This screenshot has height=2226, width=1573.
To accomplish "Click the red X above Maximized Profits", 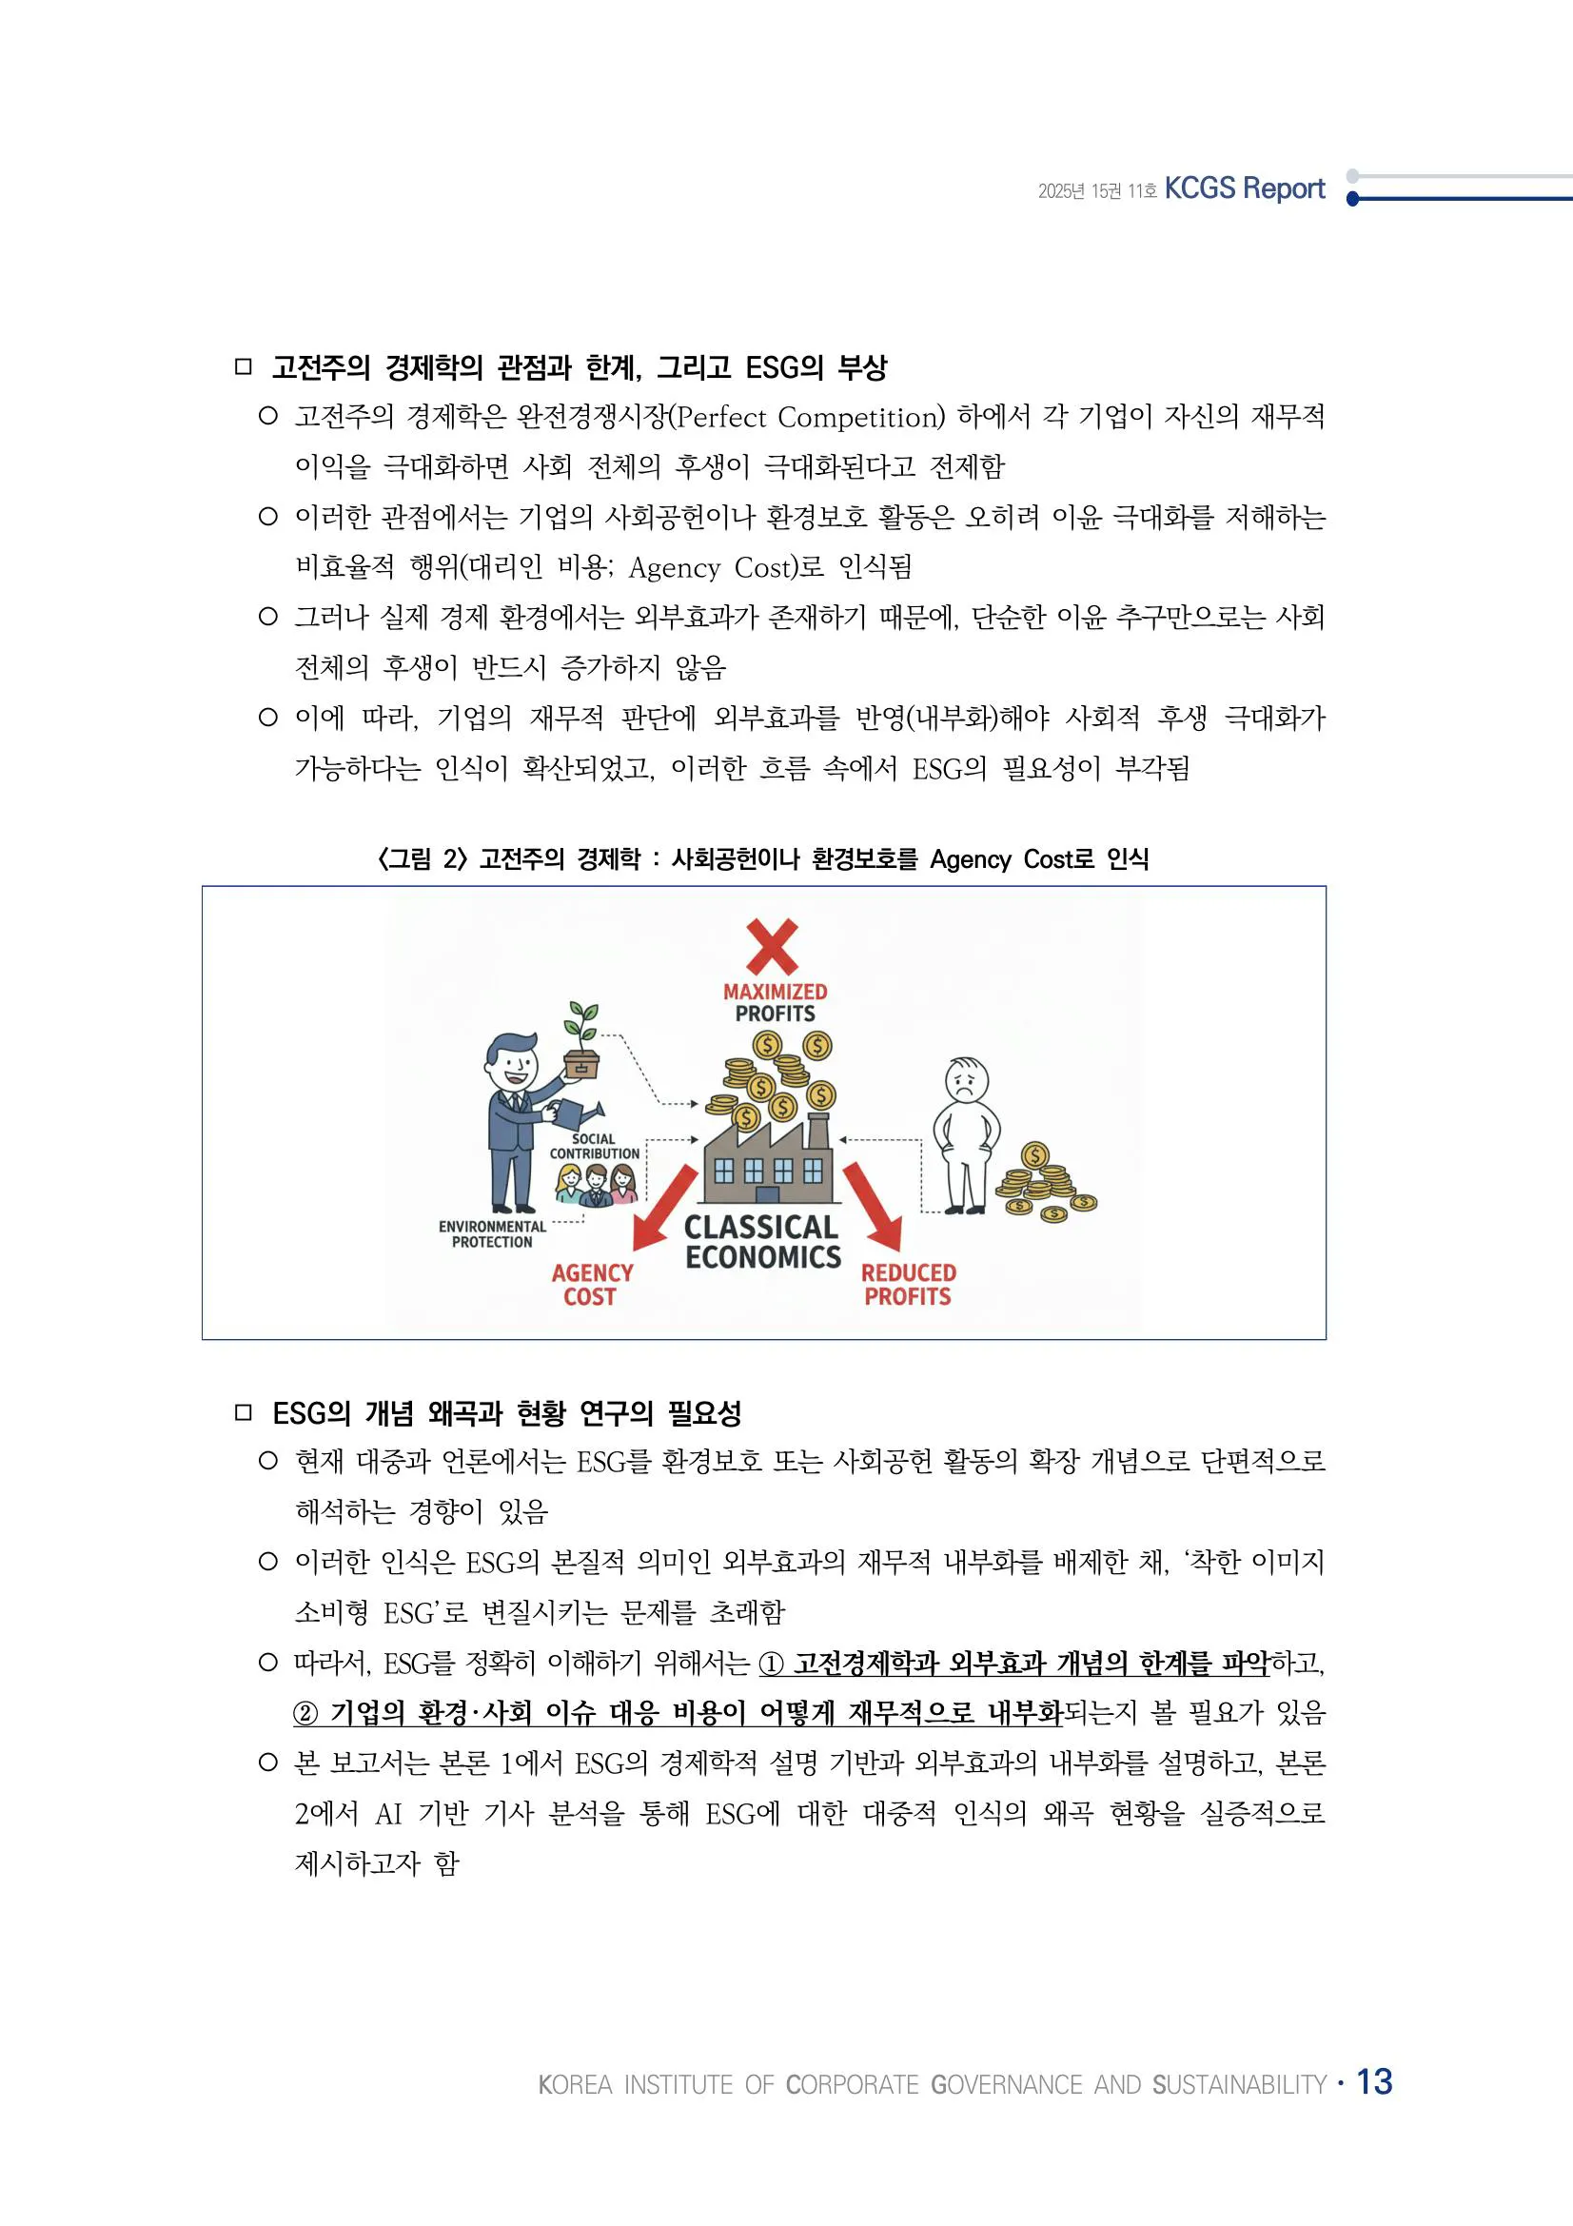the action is click(773, 946).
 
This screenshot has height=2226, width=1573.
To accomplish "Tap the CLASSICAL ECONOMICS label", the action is click(763, 1242).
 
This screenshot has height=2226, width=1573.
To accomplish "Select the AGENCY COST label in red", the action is click(591, 1285).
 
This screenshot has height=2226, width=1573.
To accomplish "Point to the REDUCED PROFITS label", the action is click(908, 1285).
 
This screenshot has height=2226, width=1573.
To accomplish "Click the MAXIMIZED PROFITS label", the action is click(775, 1002).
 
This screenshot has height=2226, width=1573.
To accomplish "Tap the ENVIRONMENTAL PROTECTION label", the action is click(492, 1234).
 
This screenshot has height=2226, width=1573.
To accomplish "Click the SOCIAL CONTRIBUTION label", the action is click(594, 1146).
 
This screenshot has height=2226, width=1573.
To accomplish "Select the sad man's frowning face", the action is click(966, 1079).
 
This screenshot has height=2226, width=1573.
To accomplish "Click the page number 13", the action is click(1373, 2080).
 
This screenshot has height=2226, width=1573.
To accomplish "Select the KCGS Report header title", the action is click(1244, 188).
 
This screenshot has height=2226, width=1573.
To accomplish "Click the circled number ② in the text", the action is click(306, 1713).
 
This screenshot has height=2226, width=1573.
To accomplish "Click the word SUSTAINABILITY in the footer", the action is click(1240, 2084).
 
